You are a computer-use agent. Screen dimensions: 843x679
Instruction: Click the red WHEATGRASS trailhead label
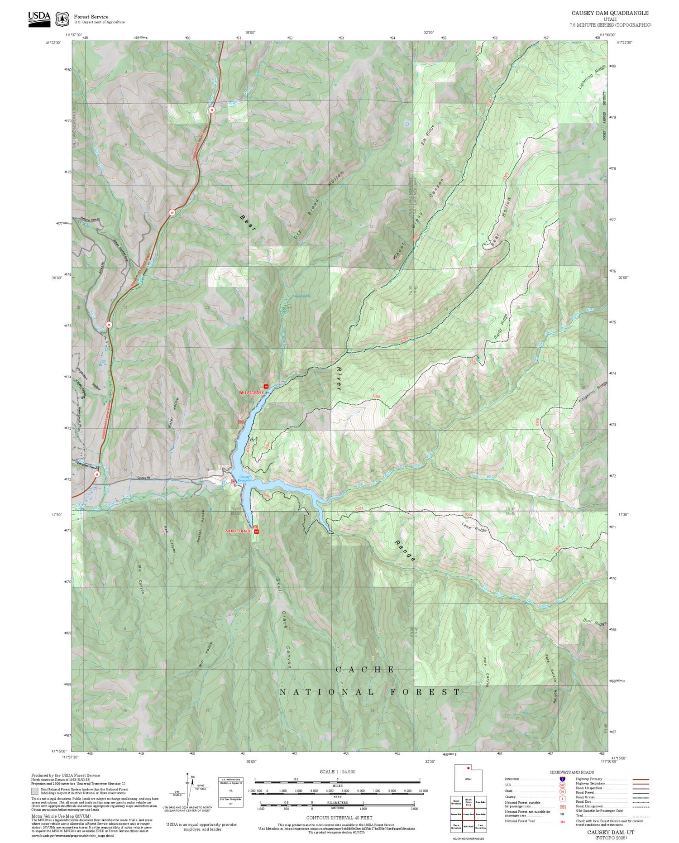coord(251,393)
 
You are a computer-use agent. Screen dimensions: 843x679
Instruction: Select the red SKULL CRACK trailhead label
coord(238,531)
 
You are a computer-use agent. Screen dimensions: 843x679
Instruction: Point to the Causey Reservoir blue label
coord(244,479)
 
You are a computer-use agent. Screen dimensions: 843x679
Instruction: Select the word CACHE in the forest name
coord(365,670)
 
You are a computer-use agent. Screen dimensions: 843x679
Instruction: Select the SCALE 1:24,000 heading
coord(337,771)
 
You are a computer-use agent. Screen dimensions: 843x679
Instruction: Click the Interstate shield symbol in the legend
coord(562,779)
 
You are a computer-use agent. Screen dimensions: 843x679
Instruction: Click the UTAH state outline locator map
coord(468,778)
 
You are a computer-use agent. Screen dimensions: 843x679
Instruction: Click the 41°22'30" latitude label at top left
coord(53,43)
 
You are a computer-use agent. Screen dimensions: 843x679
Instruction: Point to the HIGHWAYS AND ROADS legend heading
coord(571,772)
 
